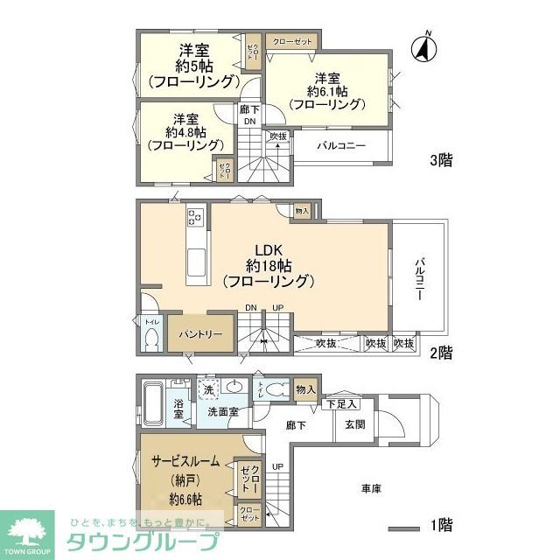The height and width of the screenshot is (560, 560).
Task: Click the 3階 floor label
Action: click(440, 160)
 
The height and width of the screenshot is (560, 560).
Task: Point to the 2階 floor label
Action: click(440, 353)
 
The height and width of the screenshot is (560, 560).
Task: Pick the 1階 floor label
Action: click(440, 526)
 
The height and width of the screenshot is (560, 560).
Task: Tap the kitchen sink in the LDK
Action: click(197, 261)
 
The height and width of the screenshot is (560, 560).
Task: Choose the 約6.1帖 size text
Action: click(326, 90)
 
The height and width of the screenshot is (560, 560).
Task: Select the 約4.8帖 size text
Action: click(184, 132)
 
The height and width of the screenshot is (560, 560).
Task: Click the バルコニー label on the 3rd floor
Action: click(341, 145)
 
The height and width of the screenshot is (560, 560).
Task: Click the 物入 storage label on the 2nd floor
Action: click(302, 211)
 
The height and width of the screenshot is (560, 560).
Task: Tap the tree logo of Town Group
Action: click(30, 528)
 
